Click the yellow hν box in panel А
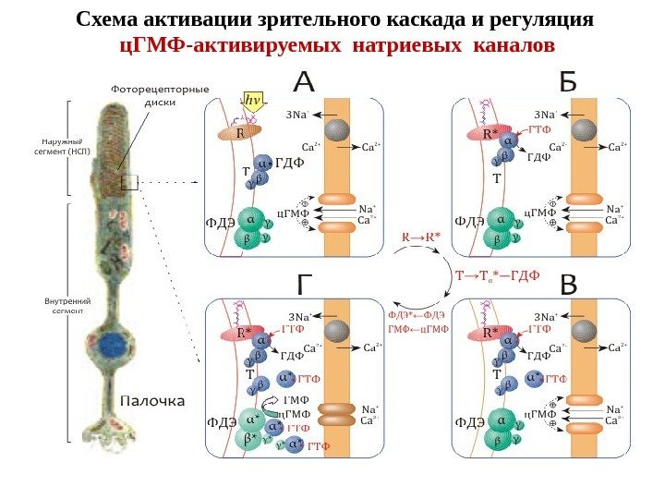pos(250,99)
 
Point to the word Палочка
pos(153,402)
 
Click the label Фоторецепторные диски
pos(160,95)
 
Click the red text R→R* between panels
pos(421,236)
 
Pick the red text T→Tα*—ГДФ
pos(498,274)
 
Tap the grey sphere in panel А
pos(337,129)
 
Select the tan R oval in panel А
pos(239,132)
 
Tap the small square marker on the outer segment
pos(128,182)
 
